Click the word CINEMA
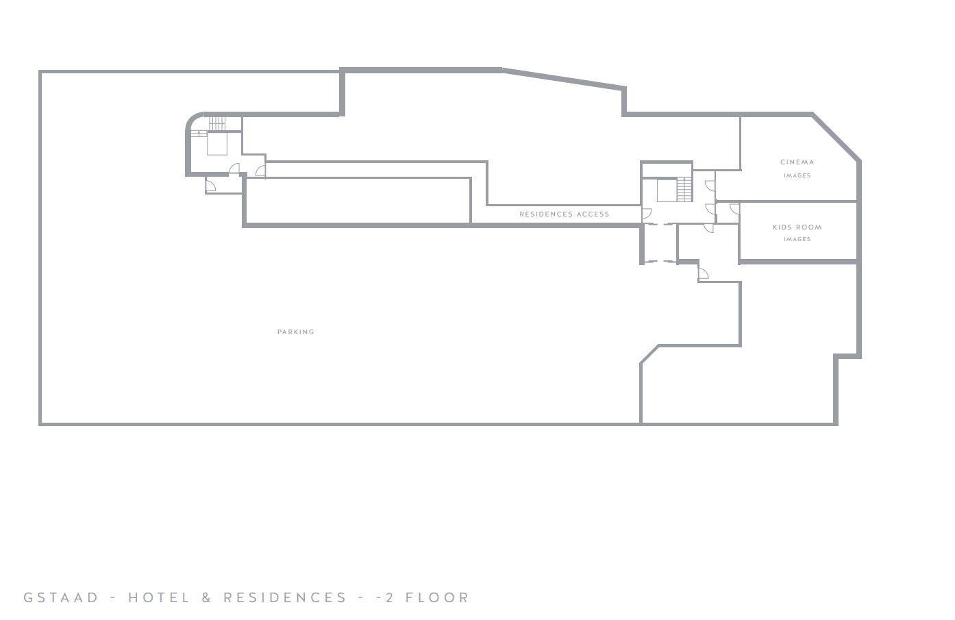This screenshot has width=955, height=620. coord(797,162)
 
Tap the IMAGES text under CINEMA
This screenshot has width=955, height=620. coord(797,175)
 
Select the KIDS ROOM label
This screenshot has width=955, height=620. coord(797,227)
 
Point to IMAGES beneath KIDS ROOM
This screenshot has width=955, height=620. coord(797,239)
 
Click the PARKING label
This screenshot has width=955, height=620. coord(295,332)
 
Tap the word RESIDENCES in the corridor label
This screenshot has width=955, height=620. coord(546,214)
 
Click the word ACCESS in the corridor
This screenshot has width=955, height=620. coord(593,214)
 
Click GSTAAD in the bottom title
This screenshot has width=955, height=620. coord(61,597)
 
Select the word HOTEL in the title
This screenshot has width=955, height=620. coord(159,597)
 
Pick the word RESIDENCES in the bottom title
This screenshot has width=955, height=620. coord(285,597)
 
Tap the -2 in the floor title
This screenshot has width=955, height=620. coord(385,597)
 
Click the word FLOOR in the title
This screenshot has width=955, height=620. coord(437,597)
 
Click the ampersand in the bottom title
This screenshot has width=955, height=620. coord(206,597)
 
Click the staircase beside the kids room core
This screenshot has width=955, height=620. coord(684,189)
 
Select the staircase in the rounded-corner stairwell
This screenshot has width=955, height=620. coord(216,124)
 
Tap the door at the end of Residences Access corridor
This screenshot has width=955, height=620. coord(647,214)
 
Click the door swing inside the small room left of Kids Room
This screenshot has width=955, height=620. coord(734,208)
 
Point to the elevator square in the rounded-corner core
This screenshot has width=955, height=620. coord(217,144)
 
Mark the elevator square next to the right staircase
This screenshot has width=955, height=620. coord(667,190)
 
